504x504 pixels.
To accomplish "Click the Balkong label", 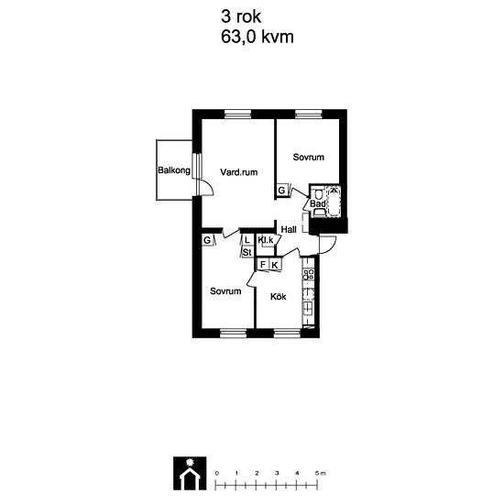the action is coord(174,170).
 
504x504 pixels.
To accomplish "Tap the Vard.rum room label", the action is coord(239,172).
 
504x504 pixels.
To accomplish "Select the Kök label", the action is coord(278,296).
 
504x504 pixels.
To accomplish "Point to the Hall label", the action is coord(289,229).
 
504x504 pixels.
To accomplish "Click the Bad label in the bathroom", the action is coord(318,203).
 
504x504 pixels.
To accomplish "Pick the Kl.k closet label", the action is coord(266,240).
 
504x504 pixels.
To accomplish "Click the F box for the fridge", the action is coord(263,265).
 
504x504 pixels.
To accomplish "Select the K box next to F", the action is coord(275,265).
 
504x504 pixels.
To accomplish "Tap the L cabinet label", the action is coord(247,240).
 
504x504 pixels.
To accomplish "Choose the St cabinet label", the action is coord(247,252).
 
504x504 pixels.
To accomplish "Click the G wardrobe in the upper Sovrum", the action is coord(281,191).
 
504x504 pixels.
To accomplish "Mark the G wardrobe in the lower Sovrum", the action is coord(207,240).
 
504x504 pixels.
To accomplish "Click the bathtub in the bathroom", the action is coord(334,202).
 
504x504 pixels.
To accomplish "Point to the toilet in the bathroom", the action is coord(318,194).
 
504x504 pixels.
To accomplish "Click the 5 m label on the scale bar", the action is coord(320,473).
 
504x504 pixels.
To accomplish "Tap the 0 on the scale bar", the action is coord(217,473).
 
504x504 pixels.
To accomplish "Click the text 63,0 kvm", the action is coord(257,37).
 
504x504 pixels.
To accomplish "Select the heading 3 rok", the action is coord(241,16).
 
